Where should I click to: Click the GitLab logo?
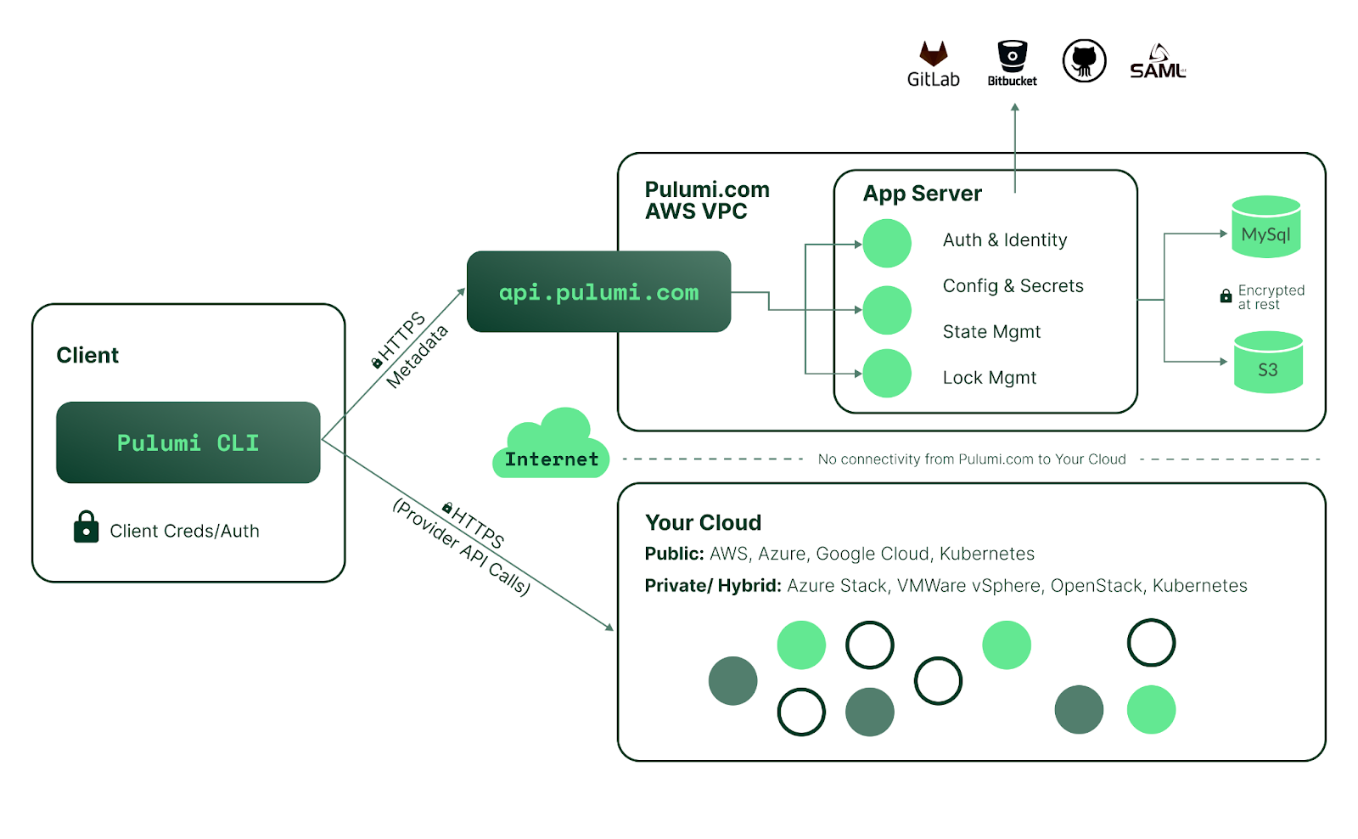(x=933, y=64)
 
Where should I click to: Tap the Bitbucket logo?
(x=1012, y=63)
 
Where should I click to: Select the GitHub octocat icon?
(x=1084, y=60)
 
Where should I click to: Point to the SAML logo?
(x=1158, y=61)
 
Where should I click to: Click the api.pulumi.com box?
(x=598, y=291)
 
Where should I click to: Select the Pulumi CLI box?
(x=188, y=442)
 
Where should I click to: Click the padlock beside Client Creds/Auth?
(x=86, y=526)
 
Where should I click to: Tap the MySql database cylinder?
(x=1265, y=227)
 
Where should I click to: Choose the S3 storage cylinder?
(x=1268, y=362)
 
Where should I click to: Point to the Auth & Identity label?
(x=1005, y=240)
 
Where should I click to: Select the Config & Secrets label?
(x=1013, y=285)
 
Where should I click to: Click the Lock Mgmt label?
(x=990, y=378)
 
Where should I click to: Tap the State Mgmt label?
(x=991, y=332)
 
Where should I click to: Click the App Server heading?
(x=922, y=194)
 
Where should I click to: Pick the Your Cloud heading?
(x=703, y=522)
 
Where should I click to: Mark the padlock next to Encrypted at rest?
(x=1226, y=296)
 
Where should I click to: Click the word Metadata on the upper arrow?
(x=417, y=356)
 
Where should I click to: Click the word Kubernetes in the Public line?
(x=987, y=554)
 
